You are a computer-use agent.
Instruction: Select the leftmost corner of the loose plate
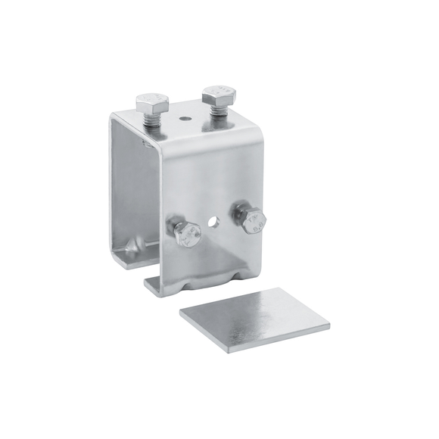point(180,311)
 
